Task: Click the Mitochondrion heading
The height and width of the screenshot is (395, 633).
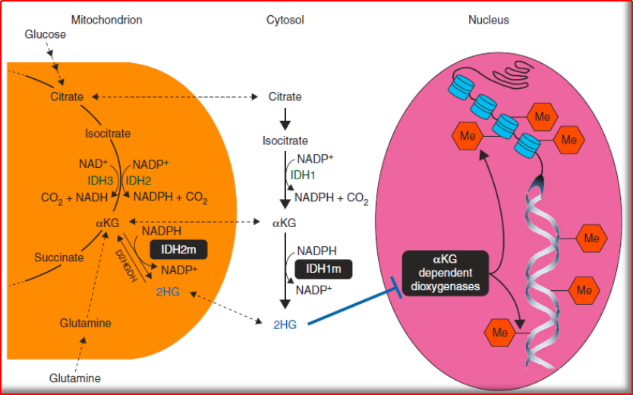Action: click(x=106, y=20)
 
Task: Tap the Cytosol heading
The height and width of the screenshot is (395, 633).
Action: click(x=286, y=20)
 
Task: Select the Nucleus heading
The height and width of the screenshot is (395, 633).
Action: click(x=488, y=20)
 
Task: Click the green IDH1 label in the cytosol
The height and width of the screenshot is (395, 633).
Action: click(x=304, y=175)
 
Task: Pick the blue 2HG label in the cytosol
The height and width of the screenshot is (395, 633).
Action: click(x=284, y=324)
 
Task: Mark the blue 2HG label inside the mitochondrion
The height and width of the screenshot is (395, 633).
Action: click(x=167, y=291)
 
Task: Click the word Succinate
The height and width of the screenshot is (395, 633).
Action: click(x=58, y=257)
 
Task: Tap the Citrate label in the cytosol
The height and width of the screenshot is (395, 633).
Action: click(x=285, y=96)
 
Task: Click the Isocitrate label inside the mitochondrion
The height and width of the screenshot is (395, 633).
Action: click(x=108, y=134)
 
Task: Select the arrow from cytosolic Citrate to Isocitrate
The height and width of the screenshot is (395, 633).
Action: click(x=285, y=118)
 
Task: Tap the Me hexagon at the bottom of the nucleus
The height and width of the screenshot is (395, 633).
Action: click(x=500, y=332)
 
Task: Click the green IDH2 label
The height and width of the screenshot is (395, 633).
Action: click(x=138, y=181)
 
